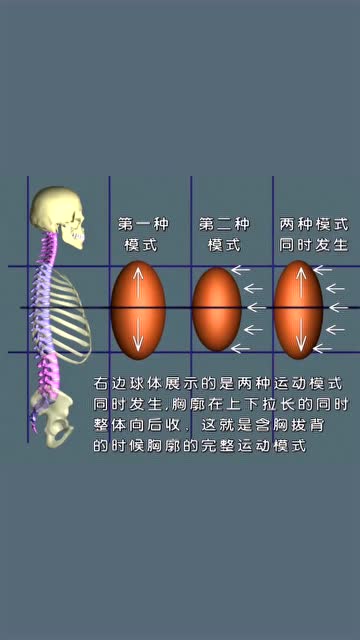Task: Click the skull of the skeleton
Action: [51, 213]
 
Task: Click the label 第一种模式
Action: [139, 234]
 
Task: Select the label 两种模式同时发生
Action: [313, 234]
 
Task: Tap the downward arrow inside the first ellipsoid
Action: [138, 337]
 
